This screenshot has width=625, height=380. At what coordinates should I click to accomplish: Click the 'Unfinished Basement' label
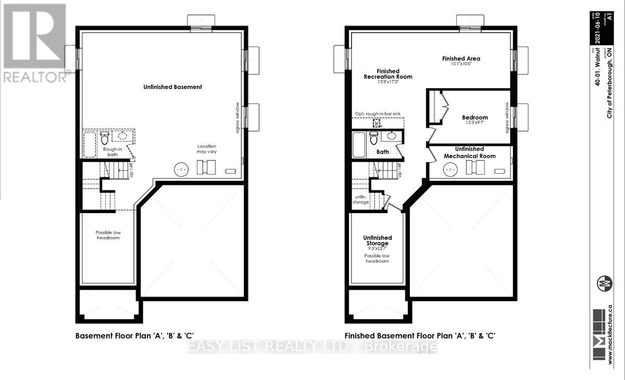pos(172,87)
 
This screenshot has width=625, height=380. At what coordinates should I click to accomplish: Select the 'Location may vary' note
pos(206,149)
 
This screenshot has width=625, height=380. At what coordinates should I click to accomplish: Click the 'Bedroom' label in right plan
pos(475,118)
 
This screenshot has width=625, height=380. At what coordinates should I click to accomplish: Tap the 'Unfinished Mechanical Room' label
pos(469,153)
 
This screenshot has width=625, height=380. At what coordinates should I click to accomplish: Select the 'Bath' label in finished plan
pos(383,152)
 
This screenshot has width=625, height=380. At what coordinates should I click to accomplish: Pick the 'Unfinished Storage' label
pos(377,241)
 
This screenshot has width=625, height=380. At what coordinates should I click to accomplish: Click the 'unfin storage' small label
pos(361,199)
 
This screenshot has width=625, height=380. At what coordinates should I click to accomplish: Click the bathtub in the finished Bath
pos(359,144)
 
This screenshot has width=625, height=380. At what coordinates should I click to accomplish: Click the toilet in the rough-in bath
pos(104,138)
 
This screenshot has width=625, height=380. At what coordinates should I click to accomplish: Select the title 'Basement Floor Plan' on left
pos(135,336)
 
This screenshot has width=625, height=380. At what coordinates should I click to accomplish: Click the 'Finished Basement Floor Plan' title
pos(419,336)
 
